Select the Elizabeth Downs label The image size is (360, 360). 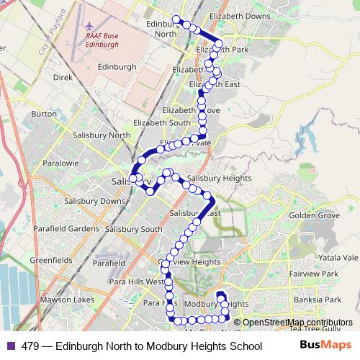click(239, 16)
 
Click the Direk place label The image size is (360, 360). click(63, 76)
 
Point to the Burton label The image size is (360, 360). click(44, 114)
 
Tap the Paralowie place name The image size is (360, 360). click(60, 163)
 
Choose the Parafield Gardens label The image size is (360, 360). click(64, 229)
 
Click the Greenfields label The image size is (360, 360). click(49, 259)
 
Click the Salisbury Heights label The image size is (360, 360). click(218, 178)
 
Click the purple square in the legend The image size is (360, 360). click(10, 346)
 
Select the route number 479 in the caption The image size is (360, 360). click(30, 346)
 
